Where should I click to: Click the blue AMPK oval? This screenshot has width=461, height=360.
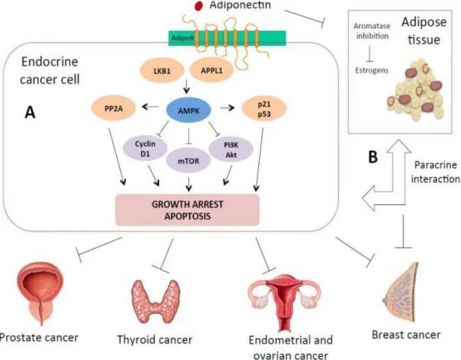pos(189,110)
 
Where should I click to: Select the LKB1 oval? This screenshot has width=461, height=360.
pos(162,71)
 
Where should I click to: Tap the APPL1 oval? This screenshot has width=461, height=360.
pos(212,71)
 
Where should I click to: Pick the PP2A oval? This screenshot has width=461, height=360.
pos(114,108)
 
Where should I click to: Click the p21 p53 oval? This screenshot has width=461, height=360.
pos(264,109)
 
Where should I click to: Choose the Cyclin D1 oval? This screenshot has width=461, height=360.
pos(145,149)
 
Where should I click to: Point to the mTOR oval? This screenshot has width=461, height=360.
pos(188,161)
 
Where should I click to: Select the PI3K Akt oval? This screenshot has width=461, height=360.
pos(231,149)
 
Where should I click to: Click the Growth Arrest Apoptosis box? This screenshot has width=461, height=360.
pos(187,211)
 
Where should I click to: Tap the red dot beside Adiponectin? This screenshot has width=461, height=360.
pos(199,6)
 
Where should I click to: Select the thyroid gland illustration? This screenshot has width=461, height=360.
pos(155,300)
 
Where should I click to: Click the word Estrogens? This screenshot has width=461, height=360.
pos(372,71)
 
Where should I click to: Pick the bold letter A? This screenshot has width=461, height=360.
pos(30,112)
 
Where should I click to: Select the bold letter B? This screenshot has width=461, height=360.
pos(373,157)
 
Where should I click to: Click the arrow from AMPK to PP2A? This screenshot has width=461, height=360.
pos(151,107)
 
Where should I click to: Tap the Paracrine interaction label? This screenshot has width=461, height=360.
pos(436,172)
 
